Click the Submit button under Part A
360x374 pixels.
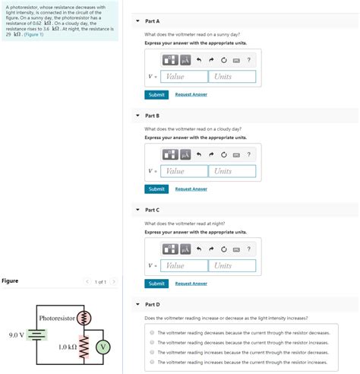click(x=156, y=94)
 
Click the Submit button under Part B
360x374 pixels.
click(x=156, y=189)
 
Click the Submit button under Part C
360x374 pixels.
click(x=156, y=283)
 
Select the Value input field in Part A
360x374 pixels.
click(x=185, y=77)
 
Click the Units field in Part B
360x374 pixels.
click(x=232, y=171)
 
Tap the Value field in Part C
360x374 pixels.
click(x=185, y=265)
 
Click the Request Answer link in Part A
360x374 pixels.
click(x=191, y=94)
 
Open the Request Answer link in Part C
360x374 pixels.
click(x=191, y=283)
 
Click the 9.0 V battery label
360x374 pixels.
click(x=16, y=334)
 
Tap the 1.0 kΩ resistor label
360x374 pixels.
click(x=68, y=347)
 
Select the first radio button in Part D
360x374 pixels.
click(x=152, y=332)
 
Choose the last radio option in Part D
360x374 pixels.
click(x=152, y=362)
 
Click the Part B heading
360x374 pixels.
click(x=152, y=116)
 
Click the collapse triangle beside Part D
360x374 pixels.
click(x=137, y=304)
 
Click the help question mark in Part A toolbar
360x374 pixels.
click(x=248, y=59)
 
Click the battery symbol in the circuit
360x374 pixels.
click(x=38, y=334)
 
